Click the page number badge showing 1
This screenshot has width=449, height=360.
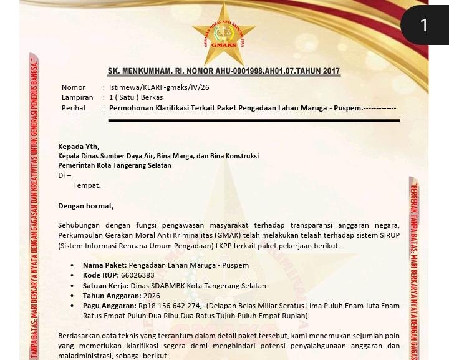pos(424,25)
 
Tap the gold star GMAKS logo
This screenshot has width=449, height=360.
pos(223,35)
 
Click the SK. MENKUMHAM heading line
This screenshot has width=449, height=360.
pos(223,71)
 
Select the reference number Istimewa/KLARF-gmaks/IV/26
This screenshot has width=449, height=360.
pos(159,87)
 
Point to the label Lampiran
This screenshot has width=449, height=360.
pos(77,97)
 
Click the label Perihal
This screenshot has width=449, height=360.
pos(74,108)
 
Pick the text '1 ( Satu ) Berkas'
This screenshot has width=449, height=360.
pos(136,97)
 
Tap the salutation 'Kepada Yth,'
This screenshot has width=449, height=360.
pos(79,147)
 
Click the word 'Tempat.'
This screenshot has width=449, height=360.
pos(87,185)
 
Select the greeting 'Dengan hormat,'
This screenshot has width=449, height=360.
pos(86,206)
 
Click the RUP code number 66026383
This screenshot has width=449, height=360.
pos(137,275)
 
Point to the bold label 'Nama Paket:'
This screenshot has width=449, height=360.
pos(105,265)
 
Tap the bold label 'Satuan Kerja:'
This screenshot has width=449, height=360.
pos(106,286)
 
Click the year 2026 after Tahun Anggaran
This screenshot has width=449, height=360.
pos(152,296)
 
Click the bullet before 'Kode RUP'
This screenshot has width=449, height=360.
pos(73,276)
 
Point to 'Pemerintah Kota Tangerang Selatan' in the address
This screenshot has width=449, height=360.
pos(115,165)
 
